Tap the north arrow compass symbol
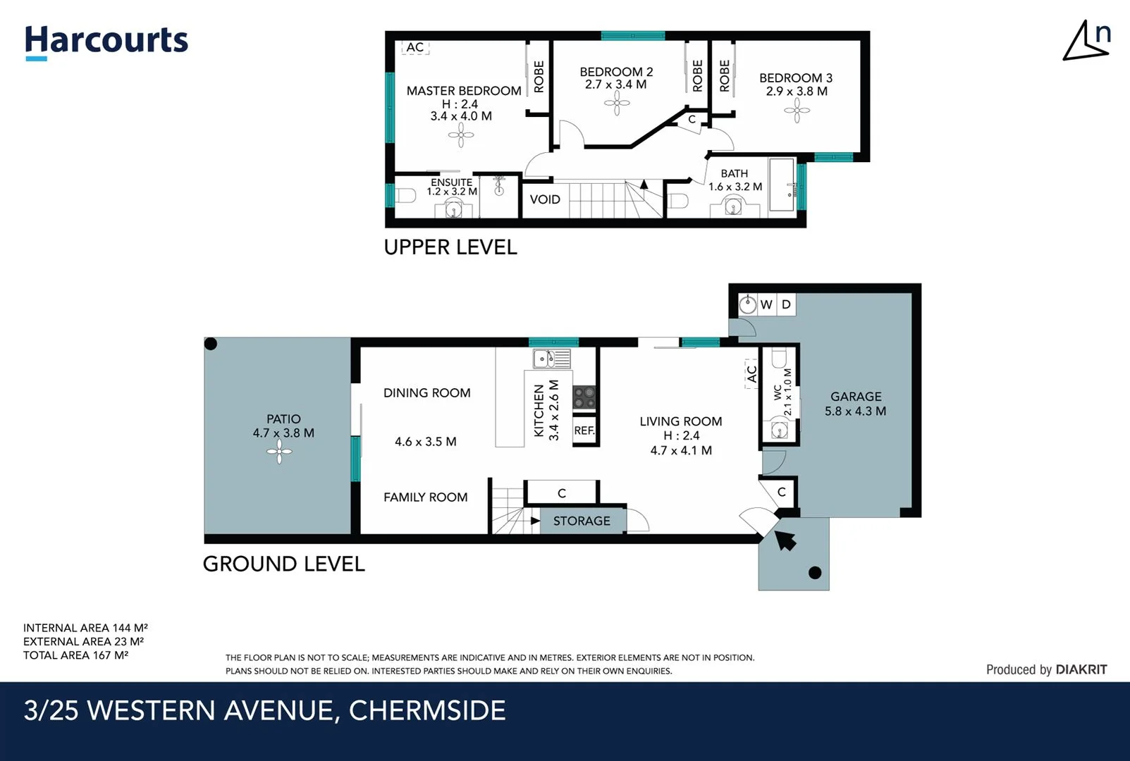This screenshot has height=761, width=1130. coord(1086,41)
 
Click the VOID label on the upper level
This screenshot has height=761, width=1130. coord(545,199)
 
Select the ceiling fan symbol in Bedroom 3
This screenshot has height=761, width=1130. coord(797,111)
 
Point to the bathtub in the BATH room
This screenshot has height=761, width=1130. coord(782,185)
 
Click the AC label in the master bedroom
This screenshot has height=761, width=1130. coord(415,47)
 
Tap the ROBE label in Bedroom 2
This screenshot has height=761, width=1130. coord(697,75)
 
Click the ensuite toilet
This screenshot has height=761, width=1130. coord(404,195)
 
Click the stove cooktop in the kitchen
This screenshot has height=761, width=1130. coord(584,397)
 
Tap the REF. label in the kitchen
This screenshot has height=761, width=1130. coord(584,431)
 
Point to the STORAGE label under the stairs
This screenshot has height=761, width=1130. coord(582,521)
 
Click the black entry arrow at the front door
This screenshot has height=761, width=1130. coord(785,540)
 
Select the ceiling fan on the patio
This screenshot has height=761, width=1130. coord(280,452)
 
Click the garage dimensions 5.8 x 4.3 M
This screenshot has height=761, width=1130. coord(855,411)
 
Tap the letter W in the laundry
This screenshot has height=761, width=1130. coord(766,304)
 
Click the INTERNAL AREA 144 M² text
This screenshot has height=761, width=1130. coord(85,628)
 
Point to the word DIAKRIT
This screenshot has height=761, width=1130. coord(1081,669)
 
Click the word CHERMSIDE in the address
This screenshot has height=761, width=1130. coord(427,710)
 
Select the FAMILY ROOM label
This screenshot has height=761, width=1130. coord(425,497)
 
